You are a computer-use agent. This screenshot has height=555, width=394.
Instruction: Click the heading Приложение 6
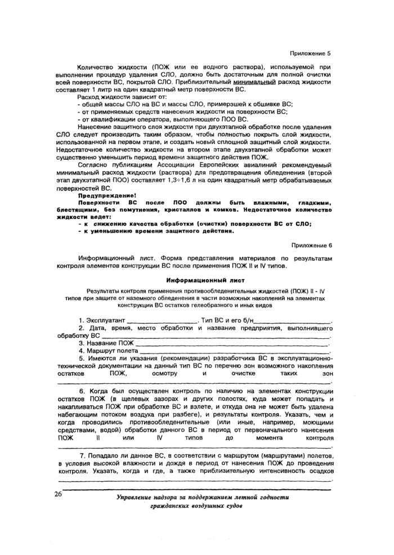pyautogui.click(x=311, y=245)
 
